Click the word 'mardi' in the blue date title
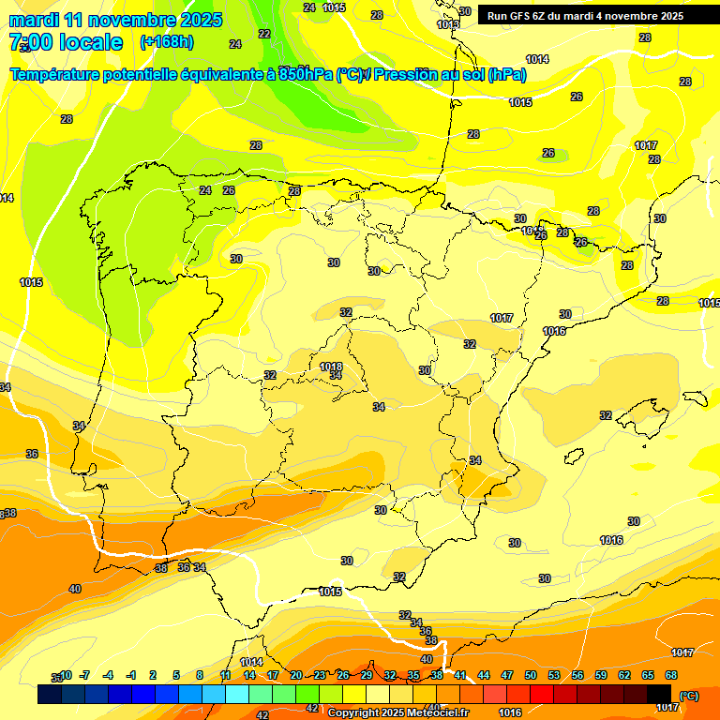pyautogui.click(x=37, y=20)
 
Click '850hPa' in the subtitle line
pyautogui.click(x=305, y=75)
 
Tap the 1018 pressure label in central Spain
pyautogui.click(x=331, y=367)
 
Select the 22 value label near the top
pyautogui.click(x=264, y=34)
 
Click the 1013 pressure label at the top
pyautogui.click(x=448, y=24)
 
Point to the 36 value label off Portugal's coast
pyautogui.click(x=32, y=454)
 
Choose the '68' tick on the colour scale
pyautogui.click(x=671, y=675)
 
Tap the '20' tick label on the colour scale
pyautogui.click(x=296, y=675)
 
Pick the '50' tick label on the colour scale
pyautogui.click(x=531, y=675)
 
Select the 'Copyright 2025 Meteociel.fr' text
pyautogui.click(x=399, y=712)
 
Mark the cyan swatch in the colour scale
pyautogui.click(x=237, y=695)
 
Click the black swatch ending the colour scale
pyautogui.click(x=659, y=695)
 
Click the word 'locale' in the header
pyautogui.click(x=90, y=42)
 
